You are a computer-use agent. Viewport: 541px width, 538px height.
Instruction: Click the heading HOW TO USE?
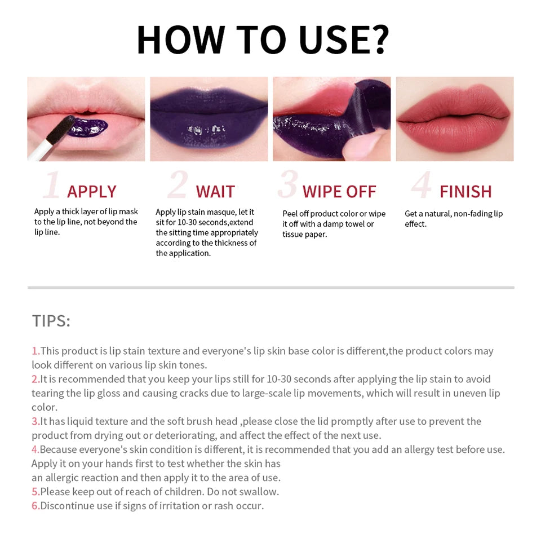pyautogui.click(x=263, y=39)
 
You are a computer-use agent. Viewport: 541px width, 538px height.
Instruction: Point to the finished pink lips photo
pyautogui.click(x=454, y=118)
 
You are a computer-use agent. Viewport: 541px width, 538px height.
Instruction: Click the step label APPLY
pyautogui.click(x=92, y=192)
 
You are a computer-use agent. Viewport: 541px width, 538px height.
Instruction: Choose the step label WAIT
pyautogui.click(x=215, y=192)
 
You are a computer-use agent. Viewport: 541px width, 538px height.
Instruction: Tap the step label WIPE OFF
pyautogui.click(x=339, y=192)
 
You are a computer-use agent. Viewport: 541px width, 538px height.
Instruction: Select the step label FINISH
pyautogui.click(x=465, y=192)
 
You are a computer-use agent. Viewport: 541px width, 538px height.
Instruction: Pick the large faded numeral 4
pyautogui.click(x=421, y=185)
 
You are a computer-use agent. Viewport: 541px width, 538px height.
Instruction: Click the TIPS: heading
pyautogui.click(x=51, y=321)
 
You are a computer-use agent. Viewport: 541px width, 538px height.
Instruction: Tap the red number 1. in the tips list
pyautogui.click(x=36, y=351)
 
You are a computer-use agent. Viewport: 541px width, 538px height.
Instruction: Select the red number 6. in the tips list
pyautogui.click(x=36, y=505)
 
